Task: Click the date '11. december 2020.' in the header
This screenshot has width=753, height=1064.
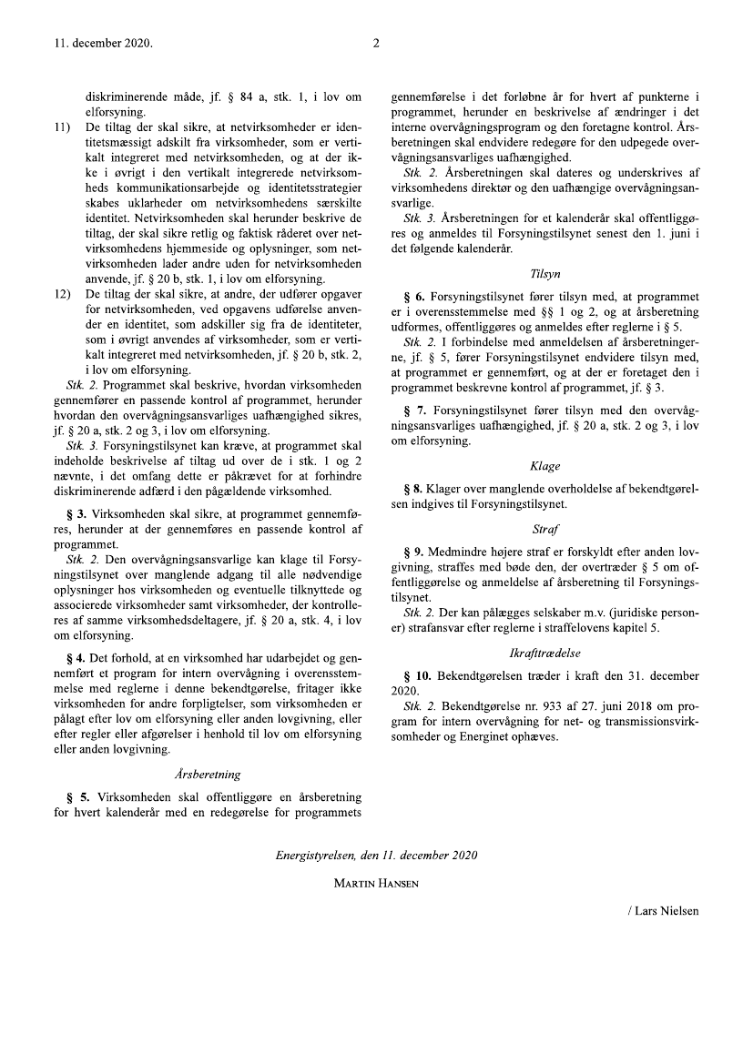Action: pyautogui.click(x=103, y=43)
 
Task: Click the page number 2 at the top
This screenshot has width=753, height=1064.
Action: pyautogui.click(x=376, y=43)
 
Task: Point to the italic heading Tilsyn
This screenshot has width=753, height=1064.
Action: pyautogui.click(x=544, y=273)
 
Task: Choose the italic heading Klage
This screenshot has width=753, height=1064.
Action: pyautogui.click(x=544, y=465)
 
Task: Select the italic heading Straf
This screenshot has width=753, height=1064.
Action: pyautogui.click(x=544, y=528)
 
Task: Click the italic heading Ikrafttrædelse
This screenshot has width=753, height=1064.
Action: pyautogui.click(x=544, y=654)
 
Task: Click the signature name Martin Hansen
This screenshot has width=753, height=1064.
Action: pyautogui.click(x=376, y=883)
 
